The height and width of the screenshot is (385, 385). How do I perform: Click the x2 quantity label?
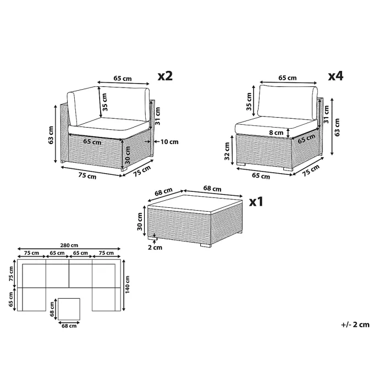click(x=165, y=76)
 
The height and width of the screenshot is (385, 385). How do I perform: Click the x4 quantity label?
click(x=335, y=76)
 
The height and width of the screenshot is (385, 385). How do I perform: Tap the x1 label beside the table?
click(x=256, y=202)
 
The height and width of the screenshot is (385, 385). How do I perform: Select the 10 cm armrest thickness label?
click(x=169, y=142)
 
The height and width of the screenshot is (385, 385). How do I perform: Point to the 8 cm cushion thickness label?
click(x=276, y=133)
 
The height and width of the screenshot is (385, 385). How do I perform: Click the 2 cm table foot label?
click(x=155, y=248)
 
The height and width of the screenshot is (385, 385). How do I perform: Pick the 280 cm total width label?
click(x=69, y=245)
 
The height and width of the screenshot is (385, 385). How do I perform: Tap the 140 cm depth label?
click(x=128, y=284)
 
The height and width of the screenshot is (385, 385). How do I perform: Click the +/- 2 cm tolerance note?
click(x=355, y=324)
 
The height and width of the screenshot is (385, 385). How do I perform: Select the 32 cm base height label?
click(x=227, y=151)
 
